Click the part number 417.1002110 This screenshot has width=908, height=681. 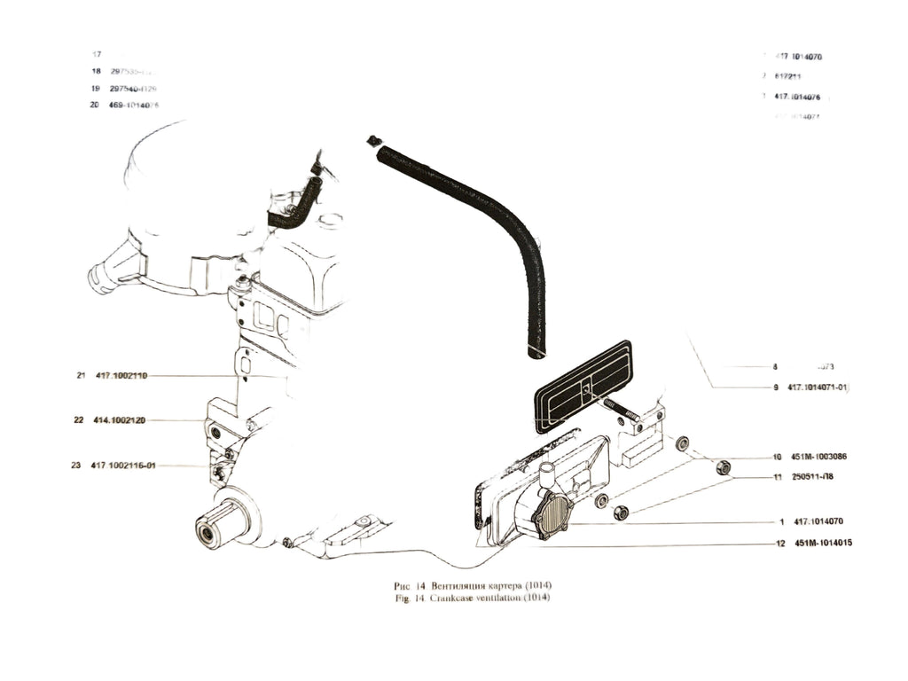121,376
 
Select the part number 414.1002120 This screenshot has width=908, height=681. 120,420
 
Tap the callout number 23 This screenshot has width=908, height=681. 77,465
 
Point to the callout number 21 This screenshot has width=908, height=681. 80,376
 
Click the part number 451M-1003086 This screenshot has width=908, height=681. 819,458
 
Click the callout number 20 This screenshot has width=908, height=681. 95,105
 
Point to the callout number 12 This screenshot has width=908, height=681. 779,542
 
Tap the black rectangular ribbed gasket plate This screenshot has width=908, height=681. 582,387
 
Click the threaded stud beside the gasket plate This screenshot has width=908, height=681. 621,410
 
